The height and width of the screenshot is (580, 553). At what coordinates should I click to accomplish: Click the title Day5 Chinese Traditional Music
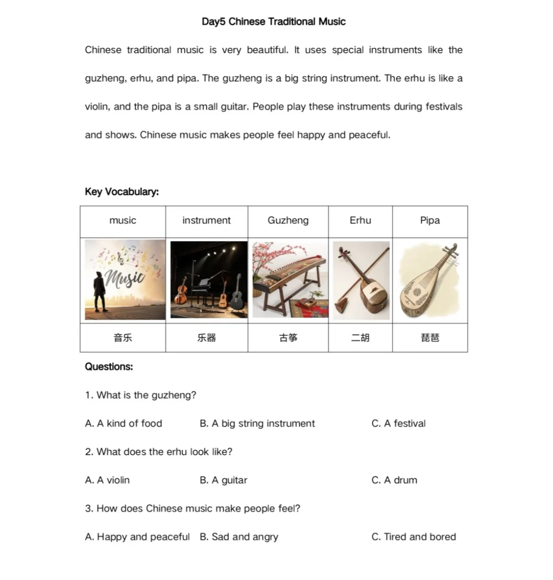(x=273, y=21)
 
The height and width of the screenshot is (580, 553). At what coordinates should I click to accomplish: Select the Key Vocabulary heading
(x=122, y=192)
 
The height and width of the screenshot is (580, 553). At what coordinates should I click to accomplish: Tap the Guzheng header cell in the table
(x=288, y=220)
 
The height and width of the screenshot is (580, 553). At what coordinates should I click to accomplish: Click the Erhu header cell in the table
(x=360, y=220)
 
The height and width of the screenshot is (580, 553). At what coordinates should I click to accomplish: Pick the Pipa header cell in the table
(x=430, y=220)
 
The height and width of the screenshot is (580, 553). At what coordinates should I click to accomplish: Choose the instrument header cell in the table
(x=206, y=220)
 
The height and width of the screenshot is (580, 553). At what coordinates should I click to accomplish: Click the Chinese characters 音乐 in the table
(x=122, y=338)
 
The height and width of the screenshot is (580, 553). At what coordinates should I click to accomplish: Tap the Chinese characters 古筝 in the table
(x=288, y=338)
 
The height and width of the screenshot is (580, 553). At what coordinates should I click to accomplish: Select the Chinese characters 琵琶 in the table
(x=430, y=338)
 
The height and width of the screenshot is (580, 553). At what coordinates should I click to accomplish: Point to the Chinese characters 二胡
(x=360, y=338)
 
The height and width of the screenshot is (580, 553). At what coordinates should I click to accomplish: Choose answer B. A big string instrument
(x=257, y=423)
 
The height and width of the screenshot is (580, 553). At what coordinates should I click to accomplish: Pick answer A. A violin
(x=108, y=480)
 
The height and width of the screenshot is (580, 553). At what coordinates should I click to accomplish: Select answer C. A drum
(x=394, y=480)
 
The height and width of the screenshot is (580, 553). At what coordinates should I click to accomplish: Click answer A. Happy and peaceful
(x=137, y=537)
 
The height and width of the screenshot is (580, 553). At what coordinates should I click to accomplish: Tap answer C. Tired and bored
(x=413, y=537)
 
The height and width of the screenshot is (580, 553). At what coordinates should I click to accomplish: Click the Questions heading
(x=109, y=367)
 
